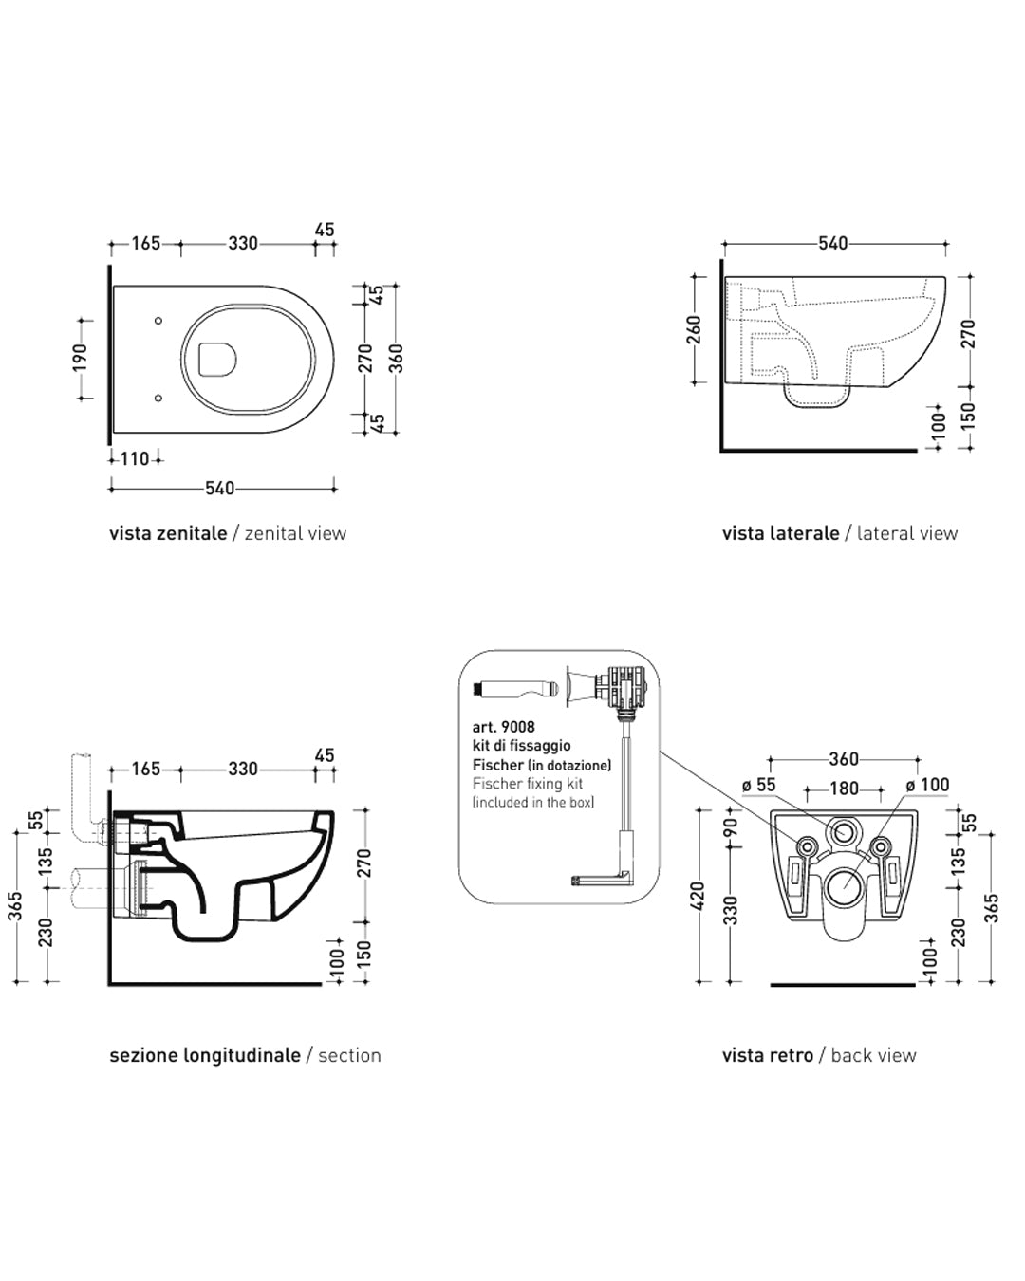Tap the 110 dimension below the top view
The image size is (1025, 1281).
(135, 459)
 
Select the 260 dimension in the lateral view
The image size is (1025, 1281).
(694, 330)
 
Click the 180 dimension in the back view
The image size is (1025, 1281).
(845, 789)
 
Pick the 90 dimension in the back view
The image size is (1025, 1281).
(731, 826)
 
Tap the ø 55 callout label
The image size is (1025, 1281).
(759, 785)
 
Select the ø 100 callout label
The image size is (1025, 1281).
(927, 785)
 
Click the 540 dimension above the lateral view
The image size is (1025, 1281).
(832, 244)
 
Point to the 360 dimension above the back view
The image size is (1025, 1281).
(844, 759)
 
